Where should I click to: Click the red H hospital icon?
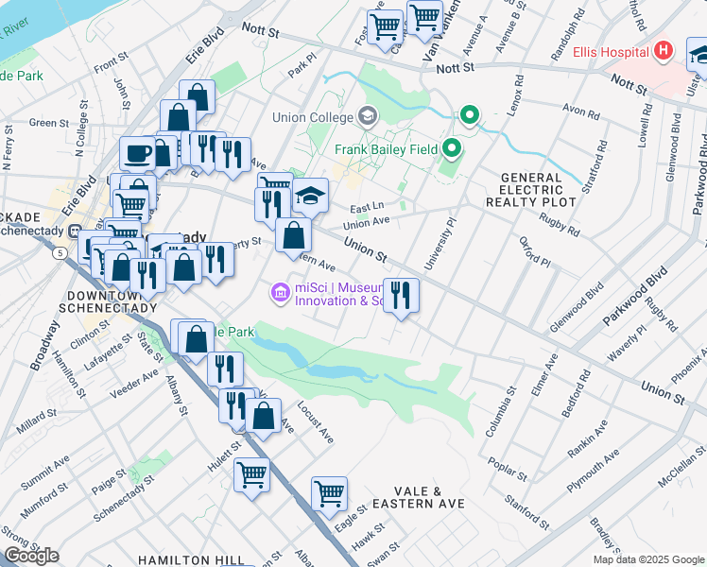[664, 50]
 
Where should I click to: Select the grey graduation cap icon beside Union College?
[368, 117]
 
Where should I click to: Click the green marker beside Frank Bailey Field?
[452, 148]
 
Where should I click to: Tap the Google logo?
[30, 556]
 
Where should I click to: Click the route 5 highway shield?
[60, 253]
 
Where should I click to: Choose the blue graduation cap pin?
[309, 196]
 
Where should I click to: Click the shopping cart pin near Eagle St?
[329, 491]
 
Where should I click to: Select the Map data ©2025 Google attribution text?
[648, 559]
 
